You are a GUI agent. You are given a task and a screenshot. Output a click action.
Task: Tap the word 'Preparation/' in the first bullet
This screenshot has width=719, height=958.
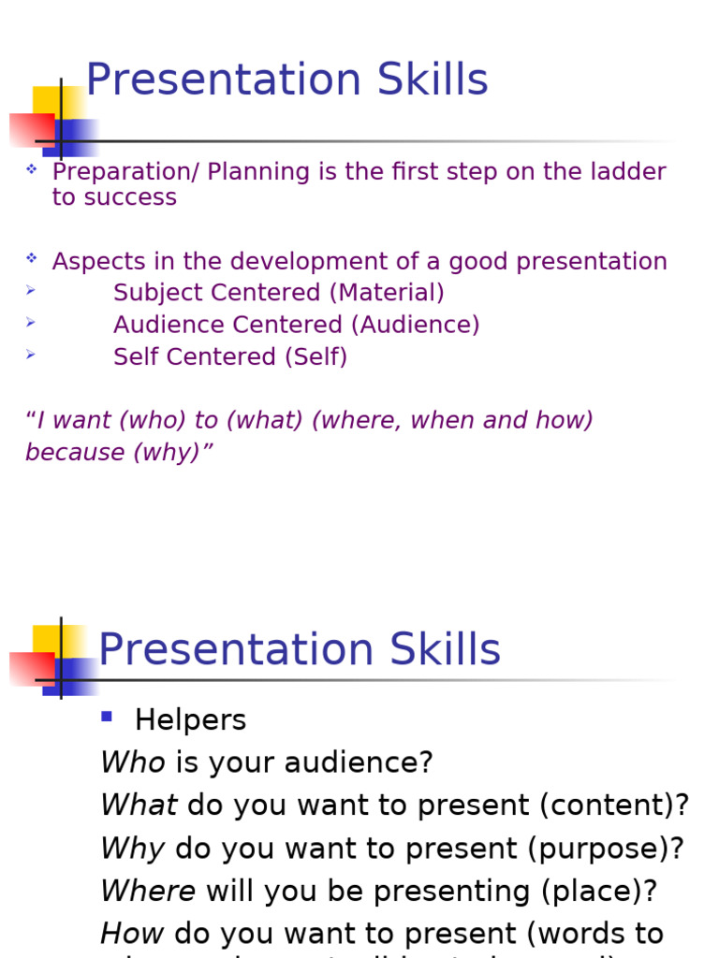point(125,172)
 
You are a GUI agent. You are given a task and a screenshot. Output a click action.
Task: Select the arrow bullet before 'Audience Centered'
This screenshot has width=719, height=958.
point(31,323)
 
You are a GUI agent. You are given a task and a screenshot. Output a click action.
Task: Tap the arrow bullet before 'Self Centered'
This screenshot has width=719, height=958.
point(31,355)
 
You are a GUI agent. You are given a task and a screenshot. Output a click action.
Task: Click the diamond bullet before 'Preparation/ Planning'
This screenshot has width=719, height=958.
point(31,169)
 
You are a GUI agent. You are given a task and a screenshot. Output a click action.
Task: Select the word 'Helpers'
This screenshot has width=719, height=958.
point(190,720)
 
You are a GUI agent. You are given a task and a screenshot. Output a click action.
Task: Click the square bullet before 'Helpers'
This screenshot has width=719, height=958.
point(107,718)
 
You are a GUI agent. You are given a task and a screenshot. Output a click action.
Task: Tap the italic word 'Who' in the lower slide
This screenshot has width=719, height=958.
point(132,762)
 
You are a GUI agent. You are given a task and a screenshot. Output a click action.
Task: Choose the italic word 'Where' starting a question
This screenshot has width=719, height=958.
point(147,892)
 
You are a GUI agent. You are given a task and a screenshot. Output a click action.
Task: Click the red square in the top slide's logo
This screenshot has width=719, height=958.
point(30,129)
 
